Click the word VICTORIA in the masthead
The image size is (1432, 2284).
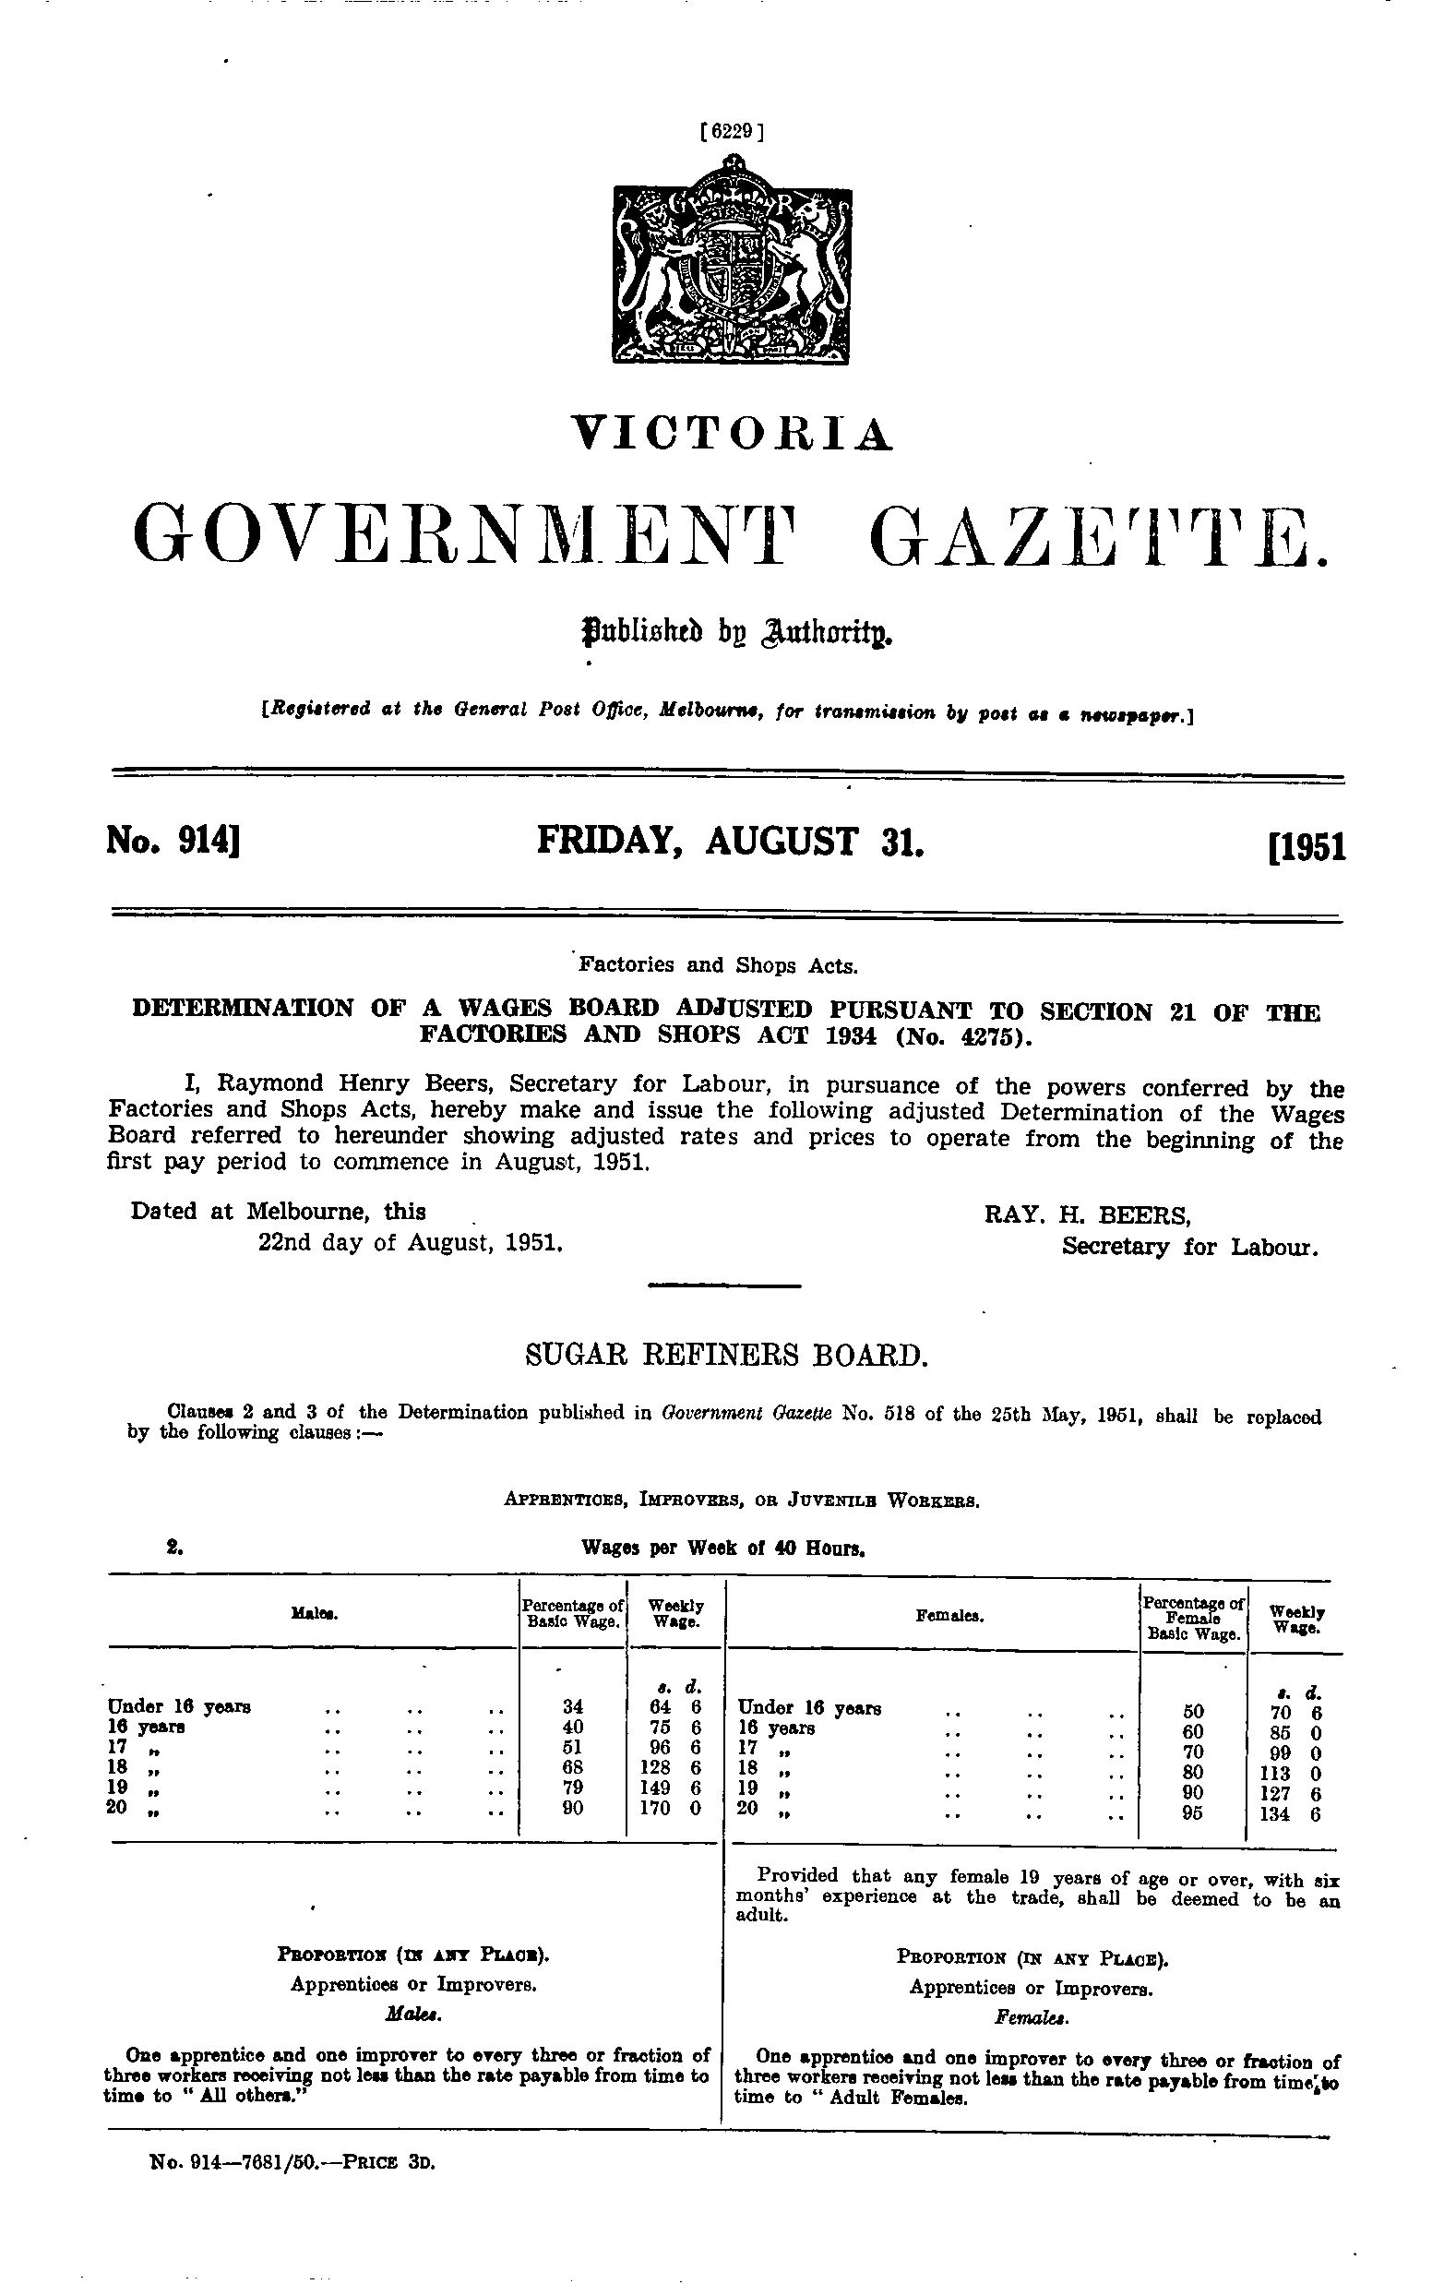pos(732,433)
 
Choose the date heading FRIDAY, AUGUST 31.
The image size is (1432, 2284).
pos(729,841)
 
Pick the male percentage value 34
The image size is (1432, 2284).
pos(573,1706)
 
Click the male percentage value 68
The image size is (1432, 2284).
pos(573,1766)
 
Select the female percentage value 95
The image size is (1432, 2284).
pos(1193,1813)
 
